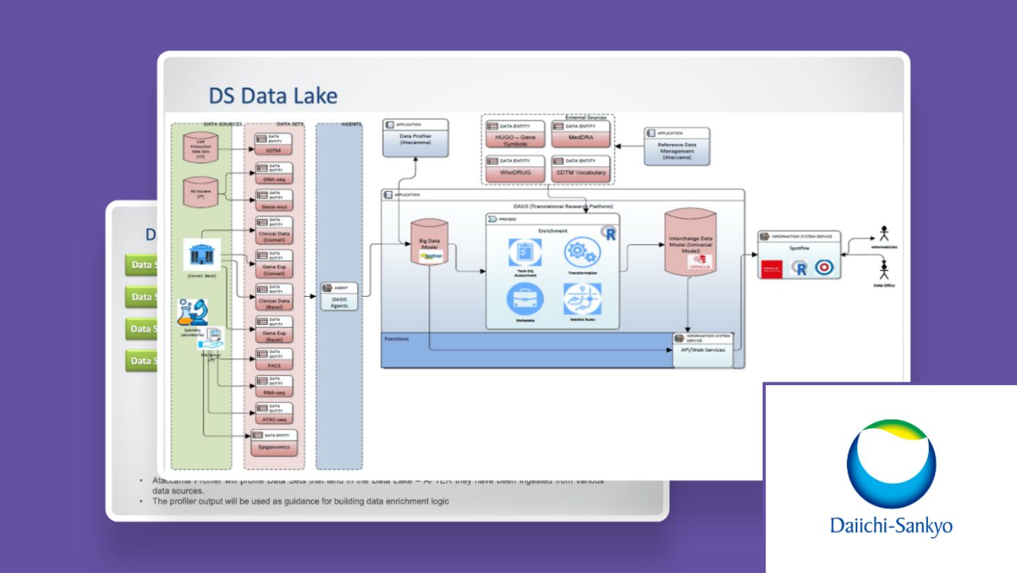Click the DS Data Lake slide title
[273, 95]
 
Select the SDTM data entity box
[273, 145]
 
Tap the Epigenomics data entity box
[274, 442]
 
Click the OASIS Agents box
[339, 296]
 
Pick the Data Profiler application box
[415, 137]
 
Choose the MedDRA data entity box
[581, 134]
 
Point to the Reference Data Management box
[677, 146]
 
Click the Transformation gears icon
[582, 252]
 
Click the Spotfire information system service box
[799, 255]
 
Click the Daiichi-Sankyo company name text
[891, 526]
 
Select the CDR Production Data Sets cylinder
[201, 147]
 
